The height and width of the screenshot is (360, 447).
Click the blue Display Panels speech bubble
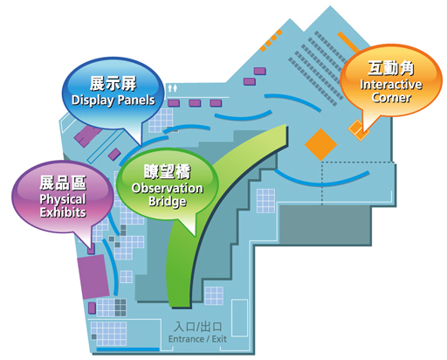[x=113, y=93]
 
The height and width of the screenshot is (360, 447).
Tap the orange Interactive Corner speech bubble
[x=391, y=81]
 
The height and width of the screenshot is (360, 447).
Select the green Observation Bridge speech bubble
[x=167, y=184]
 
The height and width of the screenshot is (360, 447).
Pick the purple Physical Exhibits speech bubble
[x=63, y=197]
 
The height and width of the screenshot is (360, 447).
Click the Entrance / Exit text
[x=197, y=339]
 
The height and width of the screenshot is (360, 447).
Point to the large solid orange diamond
[x=320, y=144]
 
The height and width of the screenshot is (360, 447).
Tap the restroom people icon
[x=172, y=88]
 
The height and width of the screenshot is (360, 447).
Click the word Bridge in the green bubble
[x=168, y=202]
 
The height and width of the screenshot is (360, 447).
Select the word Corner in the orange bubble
[x=391, y=97]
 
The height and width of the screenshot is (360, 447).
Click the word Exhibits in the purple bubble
[x=63, y=212]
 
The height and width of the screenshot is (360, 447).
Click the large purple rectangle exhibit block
[x=93, y=277]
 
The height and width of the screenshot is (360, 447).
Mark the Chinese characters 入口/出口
[x=198, y=327]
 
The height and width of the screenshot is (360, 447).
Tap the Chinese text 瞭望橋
[x=168, y=172]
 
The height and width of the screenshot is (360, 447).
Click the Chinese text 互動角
[x=391, y=68]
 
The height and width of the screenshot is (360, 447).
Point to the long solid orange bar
[x=348, y=42]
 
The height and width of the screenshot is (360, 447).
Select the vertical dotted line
[x=322, y=183]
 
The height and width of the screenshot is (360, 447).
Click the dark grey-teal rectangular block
[x=326, y=225]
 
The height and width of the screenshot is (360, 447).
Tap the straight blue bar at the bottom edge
[x=127, y=350]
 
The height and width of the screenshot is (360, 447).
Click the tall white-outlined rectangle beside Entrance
[x=239, y=318]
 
